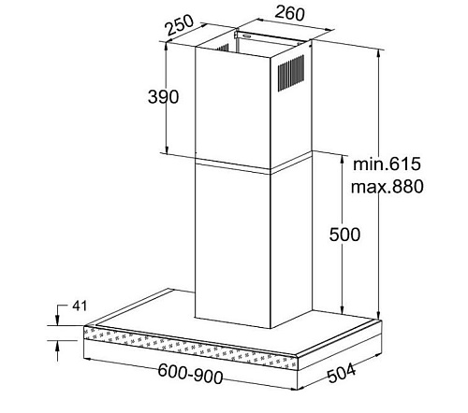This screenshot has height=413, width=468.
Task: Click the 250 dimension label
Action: pyautogui.click(x=180, y=24)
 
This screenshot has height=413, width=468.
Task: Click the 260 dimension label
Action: pyautogui.click(x=289, y=13)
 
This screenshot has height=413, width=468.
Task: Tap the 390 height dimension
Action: pyautogui.click(x=163, y=96)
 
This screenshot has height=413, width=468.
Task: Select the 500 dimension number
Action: pyautogui.click(x=344, y=235)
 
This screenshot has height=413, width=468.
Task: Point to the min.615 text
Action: pyautogui.click(x=387, y=164)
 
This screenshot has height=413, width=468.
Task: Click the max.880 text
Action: pyautogui.click(x=388, y=187)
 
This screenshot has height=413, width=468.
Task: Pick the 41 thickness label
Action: pyautogui.click(x=80, y=306)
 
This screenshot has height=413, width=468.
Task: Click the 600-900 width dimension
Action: pyautogui.click(x=190, y=373)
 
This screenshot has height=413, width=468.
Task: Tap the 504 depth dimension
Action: pyautogui.click(x=342, y=373)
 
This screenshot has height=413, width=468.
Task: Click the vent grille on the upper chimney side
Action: pyautogui.click(x=291, y=73)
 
